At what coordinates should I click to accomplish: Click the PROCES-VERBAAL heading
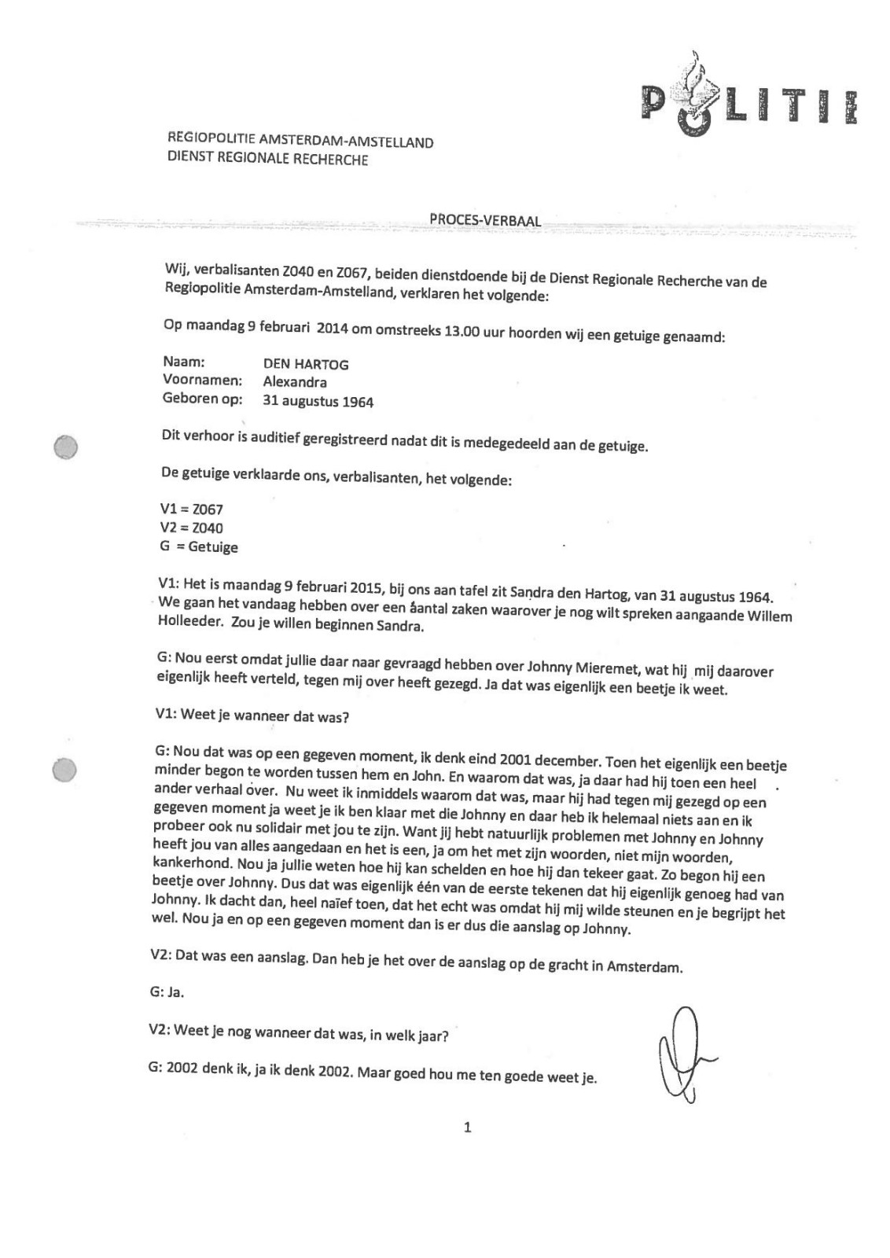[x=485, y=220]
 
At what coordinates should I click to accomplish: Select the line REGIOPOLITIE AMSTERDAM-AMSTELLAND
[x=300, y=140]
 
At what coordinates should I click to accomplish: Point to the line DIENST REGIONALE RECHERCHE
[x=267, y=158]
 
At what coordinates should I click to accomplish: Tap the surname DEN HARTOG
[x=306, y=364]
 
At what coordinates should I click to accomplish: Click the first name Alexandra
[x=295, y=383]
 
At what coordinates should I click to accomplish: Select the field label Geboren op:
[x=203, y=399]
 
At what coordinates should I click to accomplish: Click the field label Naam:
[x=184, y=362]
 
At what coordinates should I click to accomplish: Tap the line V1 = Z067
[x=191, y=509]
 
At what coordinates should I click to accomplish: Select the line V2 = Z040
[x=191, y=528]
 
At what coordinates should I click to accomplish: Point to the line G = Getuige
[x=198, y=546]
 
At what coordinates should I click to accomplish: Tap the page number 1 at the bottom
[x=468, y=1127]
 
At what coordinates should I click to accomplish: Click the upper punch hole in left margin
[x=65, y=447]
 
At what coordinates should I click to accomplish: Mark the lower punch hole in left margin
[x=64, y=770]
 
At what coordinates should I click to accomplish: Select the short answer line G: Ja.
[x=166, y=991]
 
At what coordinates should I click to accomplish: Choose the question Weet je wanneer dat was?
[x=252, y=716]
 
